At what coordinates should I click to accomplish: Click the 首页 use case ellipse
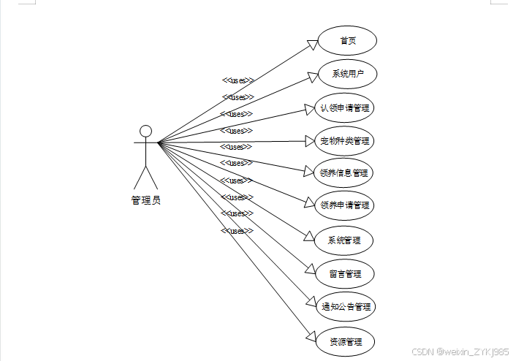tap(348, 41)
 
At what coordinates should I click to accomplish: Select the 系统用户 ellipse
tap(348, 74)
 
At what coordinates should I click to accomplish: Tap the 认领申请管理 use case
tap(345, 108)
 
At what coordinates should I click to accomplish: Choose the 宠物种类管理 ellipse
tap(345, 140)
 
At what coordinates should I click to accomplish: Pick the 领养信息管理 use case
tap(344, 173)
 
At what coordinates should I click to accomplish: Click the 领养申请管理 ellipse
tap(345, 205)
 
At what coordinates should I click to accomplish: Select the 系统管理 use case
tap(345, 240)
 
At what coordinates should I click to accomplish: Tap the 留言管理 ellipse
tap(345, 274)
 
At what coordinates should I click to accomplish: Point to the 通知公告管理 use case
tap(345, 307)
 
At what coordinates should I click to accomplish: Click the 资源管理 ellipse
tap(345, 341)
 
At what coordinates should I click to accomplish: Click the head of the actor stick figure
tap(145, 132)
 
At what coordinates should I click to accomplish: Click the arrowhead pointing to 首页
tap(313, 45)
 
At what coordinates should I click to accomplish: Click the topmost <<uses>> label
tap(238, 80)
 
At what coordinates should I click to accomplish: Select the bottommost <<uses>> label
tap(237, 231)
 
